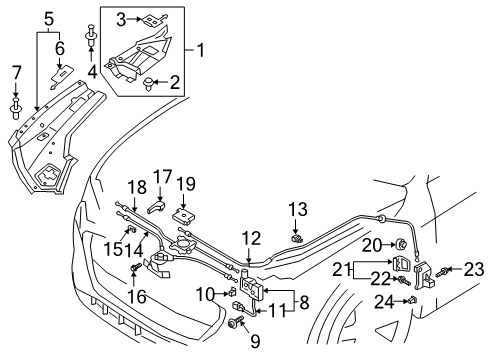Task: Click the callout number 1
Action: (x=201, y=50)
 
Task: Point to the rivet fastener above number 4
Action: (x=91, y=35)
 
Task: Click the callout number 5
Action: (x=49, y=19)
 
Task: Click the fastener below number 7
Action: (x=16, y=108)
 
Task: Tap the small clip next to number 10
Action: (x=231, y=292)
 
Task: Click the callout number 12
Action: (x=251, y=239)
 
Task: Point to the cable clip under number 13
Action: (x=296, y=238)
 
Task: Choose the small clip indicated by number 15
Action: (x=132, y=229)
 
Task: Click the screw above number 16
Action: (x=136, y=267)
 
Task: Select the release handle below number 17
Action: (x=156, y=206)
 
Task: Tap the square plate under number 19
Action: (x=184, y=216)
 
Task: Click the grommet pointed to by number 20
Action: (x=400, y=244)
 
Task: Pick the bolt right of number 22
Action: (x=403, y=281)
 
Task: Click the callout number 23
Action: (x=473, y=269)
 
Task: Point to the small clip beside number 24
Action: (x=413, y=300)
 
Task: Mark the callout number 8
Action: (x=304, y=303)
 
